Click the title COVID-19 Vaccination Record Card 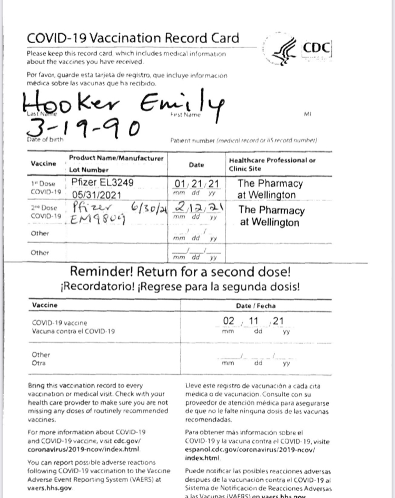point(132,38)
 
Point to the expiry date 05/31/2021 point(96,195)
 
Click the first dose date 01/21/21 point(196,183)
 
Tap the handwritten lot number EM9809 point(97,220)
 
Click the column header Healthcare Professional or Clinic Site point(272,164)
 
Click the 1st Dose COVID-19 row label point(46,188)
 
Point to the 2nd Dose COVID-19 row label point(46,212)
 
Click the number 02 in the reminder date point(228,321)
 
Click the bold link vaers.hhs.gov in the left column point(50,487)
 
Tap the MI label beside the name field point(308,114)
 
